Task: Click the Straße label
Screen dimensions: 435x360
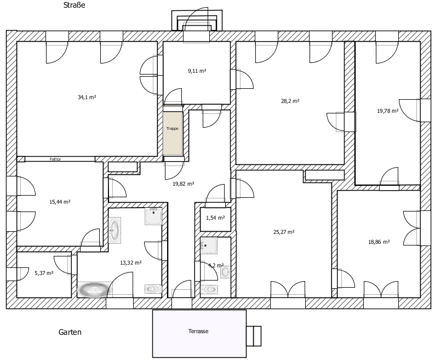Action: [x=74, y=5]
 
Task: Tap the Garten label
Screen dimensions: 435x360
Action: [x=70, y=332]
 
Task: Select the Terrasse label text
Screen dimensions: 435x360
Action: [x=198, y=331]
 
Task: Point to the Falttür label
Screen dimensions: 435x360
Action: [x=55, y=159]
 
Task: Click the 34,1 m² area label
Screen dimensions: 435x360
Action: [x=87, y=97]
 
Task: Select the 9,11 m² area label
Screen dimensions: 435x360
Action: [x=197, y=71]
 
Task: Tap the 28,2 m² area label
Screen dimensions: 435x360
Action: [x=290, y=101]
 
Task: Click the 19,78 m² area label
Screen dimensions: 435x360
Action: [x=387, y=111]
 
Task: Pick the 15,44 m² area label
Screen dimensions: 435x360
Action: [x=60, y=202]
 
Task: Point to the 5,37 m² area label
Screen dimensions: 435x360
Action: [x=44, y=273]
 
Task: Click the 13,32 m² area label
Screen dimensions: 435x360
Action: [x=131, y=262]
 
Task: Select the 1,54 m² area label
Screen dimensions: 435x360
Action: [x=215, y=218]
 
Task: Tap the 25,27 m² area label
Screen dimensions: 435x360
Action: [x=284, y=232]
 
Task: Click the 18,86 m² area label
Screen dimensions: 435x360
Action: [x=379, y=242]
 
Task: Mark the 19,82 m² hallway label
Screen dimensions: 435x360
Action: [x=184, y=184]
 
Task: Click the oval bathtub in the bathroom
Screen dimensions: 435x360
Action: [x=95, y=290]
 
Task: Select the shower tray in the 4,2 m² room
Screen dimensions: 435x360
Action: [x=209, y=245]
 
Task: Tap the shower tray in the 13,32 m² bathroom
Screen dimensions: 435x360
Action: [x=153, y=216]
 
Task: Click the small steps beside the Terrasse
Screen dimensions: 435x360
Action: [x=254, y=336]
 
